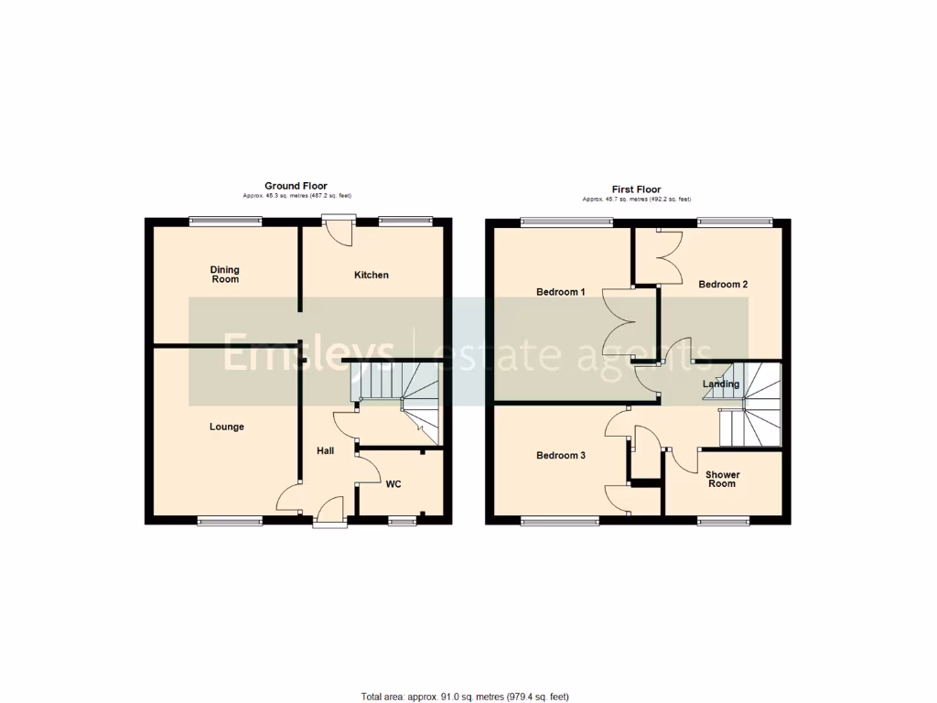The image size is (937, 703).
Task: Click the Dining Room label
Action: click(x=225, y=274)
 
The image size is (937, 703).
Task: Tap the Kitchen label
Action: click(x=372, y=275)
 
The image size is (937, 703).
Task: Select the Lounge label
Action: click(x=227, y=427)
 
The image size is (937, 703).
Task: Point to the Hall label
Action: click(x=326, y=450)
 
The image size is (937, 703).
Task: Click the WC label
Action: click(x=393, y=483)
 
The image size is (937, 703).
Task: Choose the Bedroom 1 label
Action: click(x=560, y=292)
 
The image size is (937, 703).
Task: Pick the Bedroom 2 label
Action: click(x=723, y=285)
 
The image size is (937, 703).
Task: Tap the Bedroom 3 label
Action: click(x=560, y=456)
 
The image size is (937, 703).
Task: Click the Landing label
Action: click(x=721, y=384)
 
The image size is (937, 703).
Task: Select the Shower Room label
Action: click(x=722, y=479)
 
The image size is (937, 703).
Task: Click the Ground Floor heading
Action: click(x=296, y=186)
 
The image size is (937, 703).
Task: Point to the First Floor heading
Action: click(x=637, y=189)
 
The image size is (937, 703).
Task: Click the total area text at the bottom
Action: click(x=471, y=697)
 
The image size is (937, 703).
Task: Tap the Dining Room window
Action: click(x=225, y=220)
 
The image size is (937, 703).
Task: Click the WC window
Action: click(x=401, y=522)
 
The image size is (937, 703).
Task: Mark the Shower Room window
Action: click(x=723, y=522)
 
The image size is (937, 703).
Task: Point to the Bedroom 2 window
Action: click(x=734, y=221)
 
